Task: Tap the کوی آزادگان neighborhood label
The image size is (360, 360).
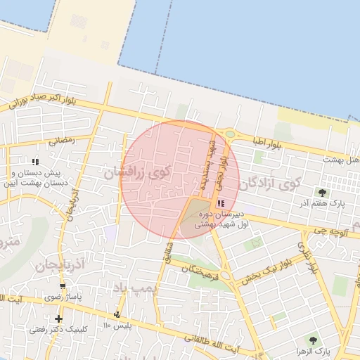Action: tap(269, 183)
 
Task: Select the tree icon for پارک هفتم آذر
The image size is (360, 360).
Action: tap(323, 192)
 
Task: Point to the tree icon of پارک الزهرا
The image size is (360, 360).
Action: tap(313, 340)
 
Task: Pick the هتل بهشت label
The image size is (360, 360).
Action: tap(341, 159)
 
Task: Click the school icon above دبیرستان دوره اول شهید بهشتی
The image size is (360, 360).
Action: tap(222, 203)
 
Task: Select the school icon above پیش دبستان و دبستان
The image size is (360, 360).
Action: tap(36, 162)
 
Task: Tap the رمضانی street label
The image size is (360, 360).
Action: tap(61, 140)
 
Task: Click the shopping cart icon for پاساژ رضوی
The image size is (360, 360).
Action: tap(63, 286)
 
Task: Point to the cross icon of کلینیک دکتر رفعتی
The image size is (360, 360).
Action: tap(58, 319)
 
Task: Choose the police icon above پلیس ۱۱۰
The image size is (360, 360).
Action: tap(117, 314)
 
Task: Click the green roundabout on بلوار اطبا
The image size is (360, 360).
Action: tap(229, 134)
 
